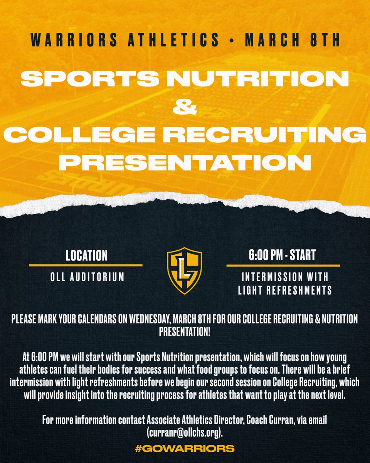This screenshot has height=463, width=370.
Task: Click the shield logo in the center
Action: click(x=184, y=271)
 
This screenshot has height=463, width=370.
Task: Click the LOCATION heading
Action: click(x=86, y=255)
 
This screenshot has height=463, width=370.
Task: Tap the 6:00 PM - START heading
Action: click(x=283, y=255)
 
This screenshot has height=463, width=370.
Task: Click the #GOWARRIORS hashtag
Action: click(x=185, y=448)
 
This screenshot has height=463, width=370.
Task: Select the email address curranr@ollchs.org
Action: click(x=185, y=433)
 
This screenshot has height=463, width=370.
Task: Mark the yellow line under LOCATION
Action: click(x=86, y=265)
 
